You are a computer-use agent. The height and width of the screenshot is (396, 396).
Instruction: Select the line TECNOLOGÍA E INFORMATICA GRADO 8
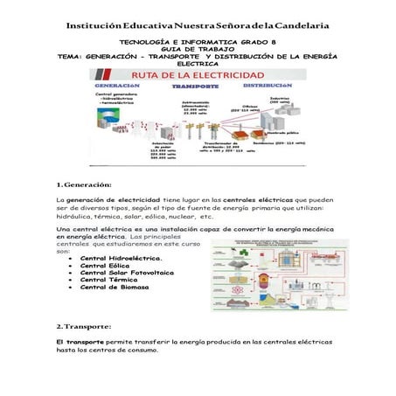[x=197, y=41]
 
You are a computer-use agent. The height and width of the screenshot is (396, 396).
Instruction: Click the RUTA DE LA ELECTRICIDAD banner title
[x=198, y=77]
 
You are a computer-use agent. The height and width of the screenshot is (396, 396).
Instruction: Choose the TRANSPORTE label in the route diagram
[x=194, y=88]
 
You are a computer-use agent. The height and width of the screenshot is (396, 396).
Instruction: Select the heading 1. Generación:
[x=82, y=185]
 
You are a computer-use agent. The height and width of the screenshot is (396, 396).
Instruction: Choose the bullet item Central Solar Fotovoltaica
[x=128, y=277]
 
